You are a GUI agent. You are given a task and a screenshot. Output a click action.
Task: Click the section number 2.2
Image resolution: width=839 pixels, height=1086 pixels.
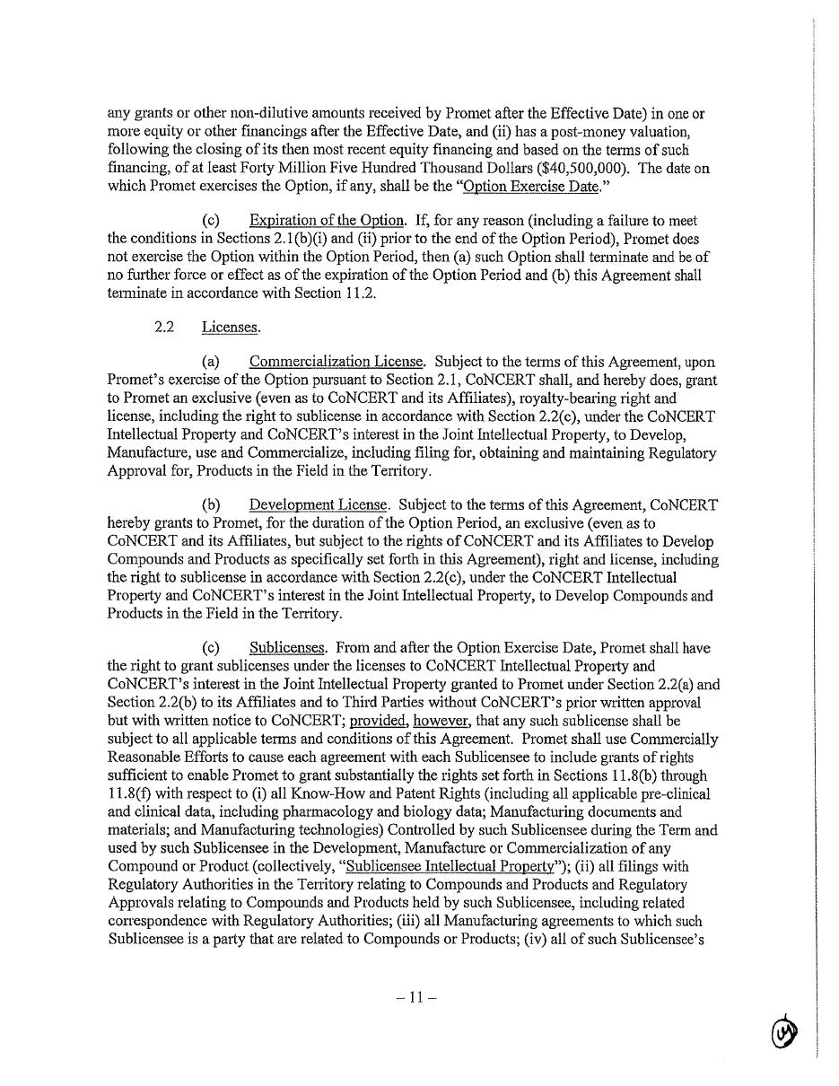[x=163, y=328]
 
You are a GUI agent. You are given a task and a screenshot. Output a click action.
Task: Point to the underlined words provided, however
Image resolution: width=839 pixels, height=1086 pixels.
[x=415, y=721]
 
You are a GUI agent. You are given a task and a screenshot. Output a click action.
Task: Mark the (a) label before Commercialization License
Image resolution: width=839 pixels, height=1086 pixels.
[x=212, y=362]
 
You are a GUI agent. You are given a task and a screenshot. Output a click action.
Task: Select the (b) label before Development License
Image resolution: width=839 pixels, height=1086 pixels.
[x=212, y=505]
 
